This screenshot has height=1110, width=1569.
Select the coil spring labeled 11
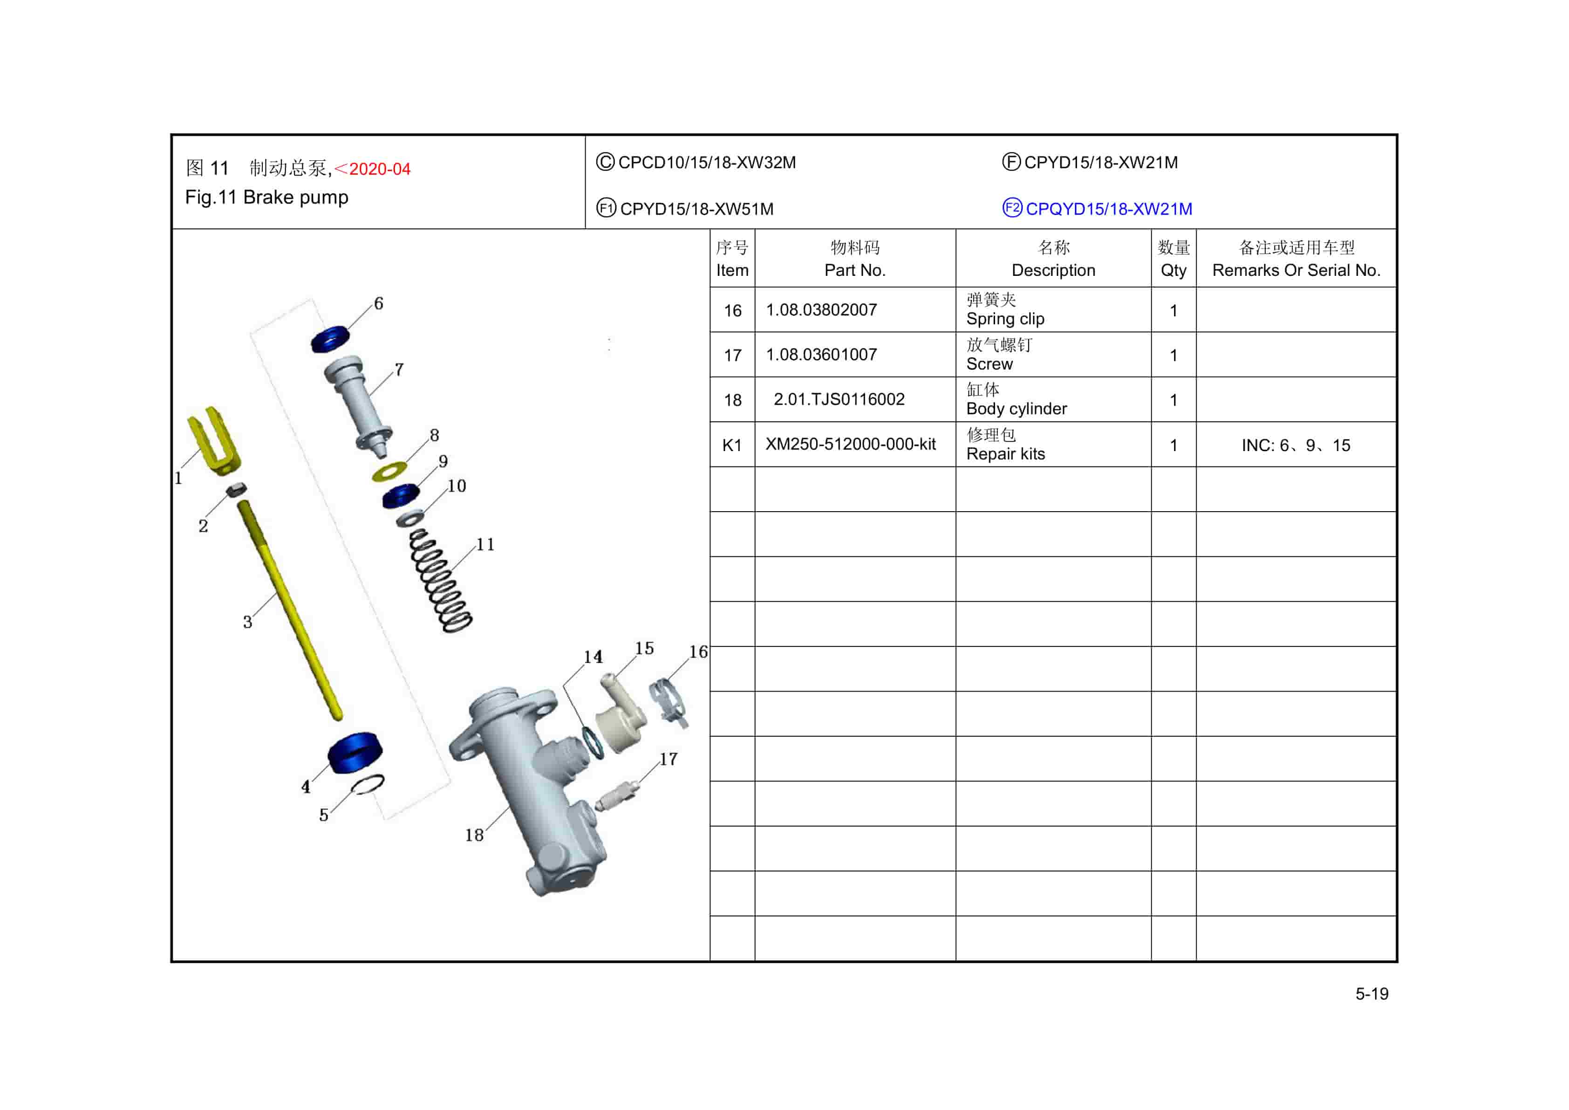[440, 581]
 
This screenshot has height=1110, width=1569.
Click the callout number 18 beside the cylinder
[474, 835]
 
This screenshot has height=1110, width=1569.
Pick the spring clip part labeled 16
[669, 700]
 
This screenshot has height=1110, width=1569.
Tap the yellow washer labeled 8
[389, 472]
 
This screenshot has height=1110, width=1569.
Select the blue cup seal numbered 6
[330, 340]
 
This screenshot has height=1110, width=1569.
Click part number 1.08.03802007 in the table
[821, 310]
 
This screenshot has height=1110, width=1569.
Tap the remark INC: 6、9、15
[1295, 445]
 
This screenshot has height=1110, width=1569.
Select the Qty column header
[1173, 258]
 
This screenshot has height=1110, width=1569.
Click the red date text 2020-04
[379, 169]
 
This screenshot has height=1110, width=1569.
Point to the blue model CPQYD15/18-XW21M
[1108, 209]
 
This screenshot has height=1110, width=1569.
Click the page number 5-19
[1371, 994]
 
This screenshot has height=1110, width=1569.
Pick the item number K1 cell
[732, 445]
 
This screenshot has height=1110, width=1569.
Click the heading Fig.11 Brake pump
[266, 198]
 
